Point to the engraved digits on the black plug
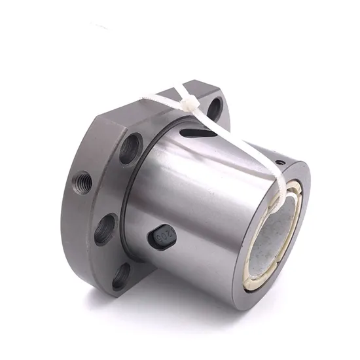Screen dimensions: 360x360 (164, 236)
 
